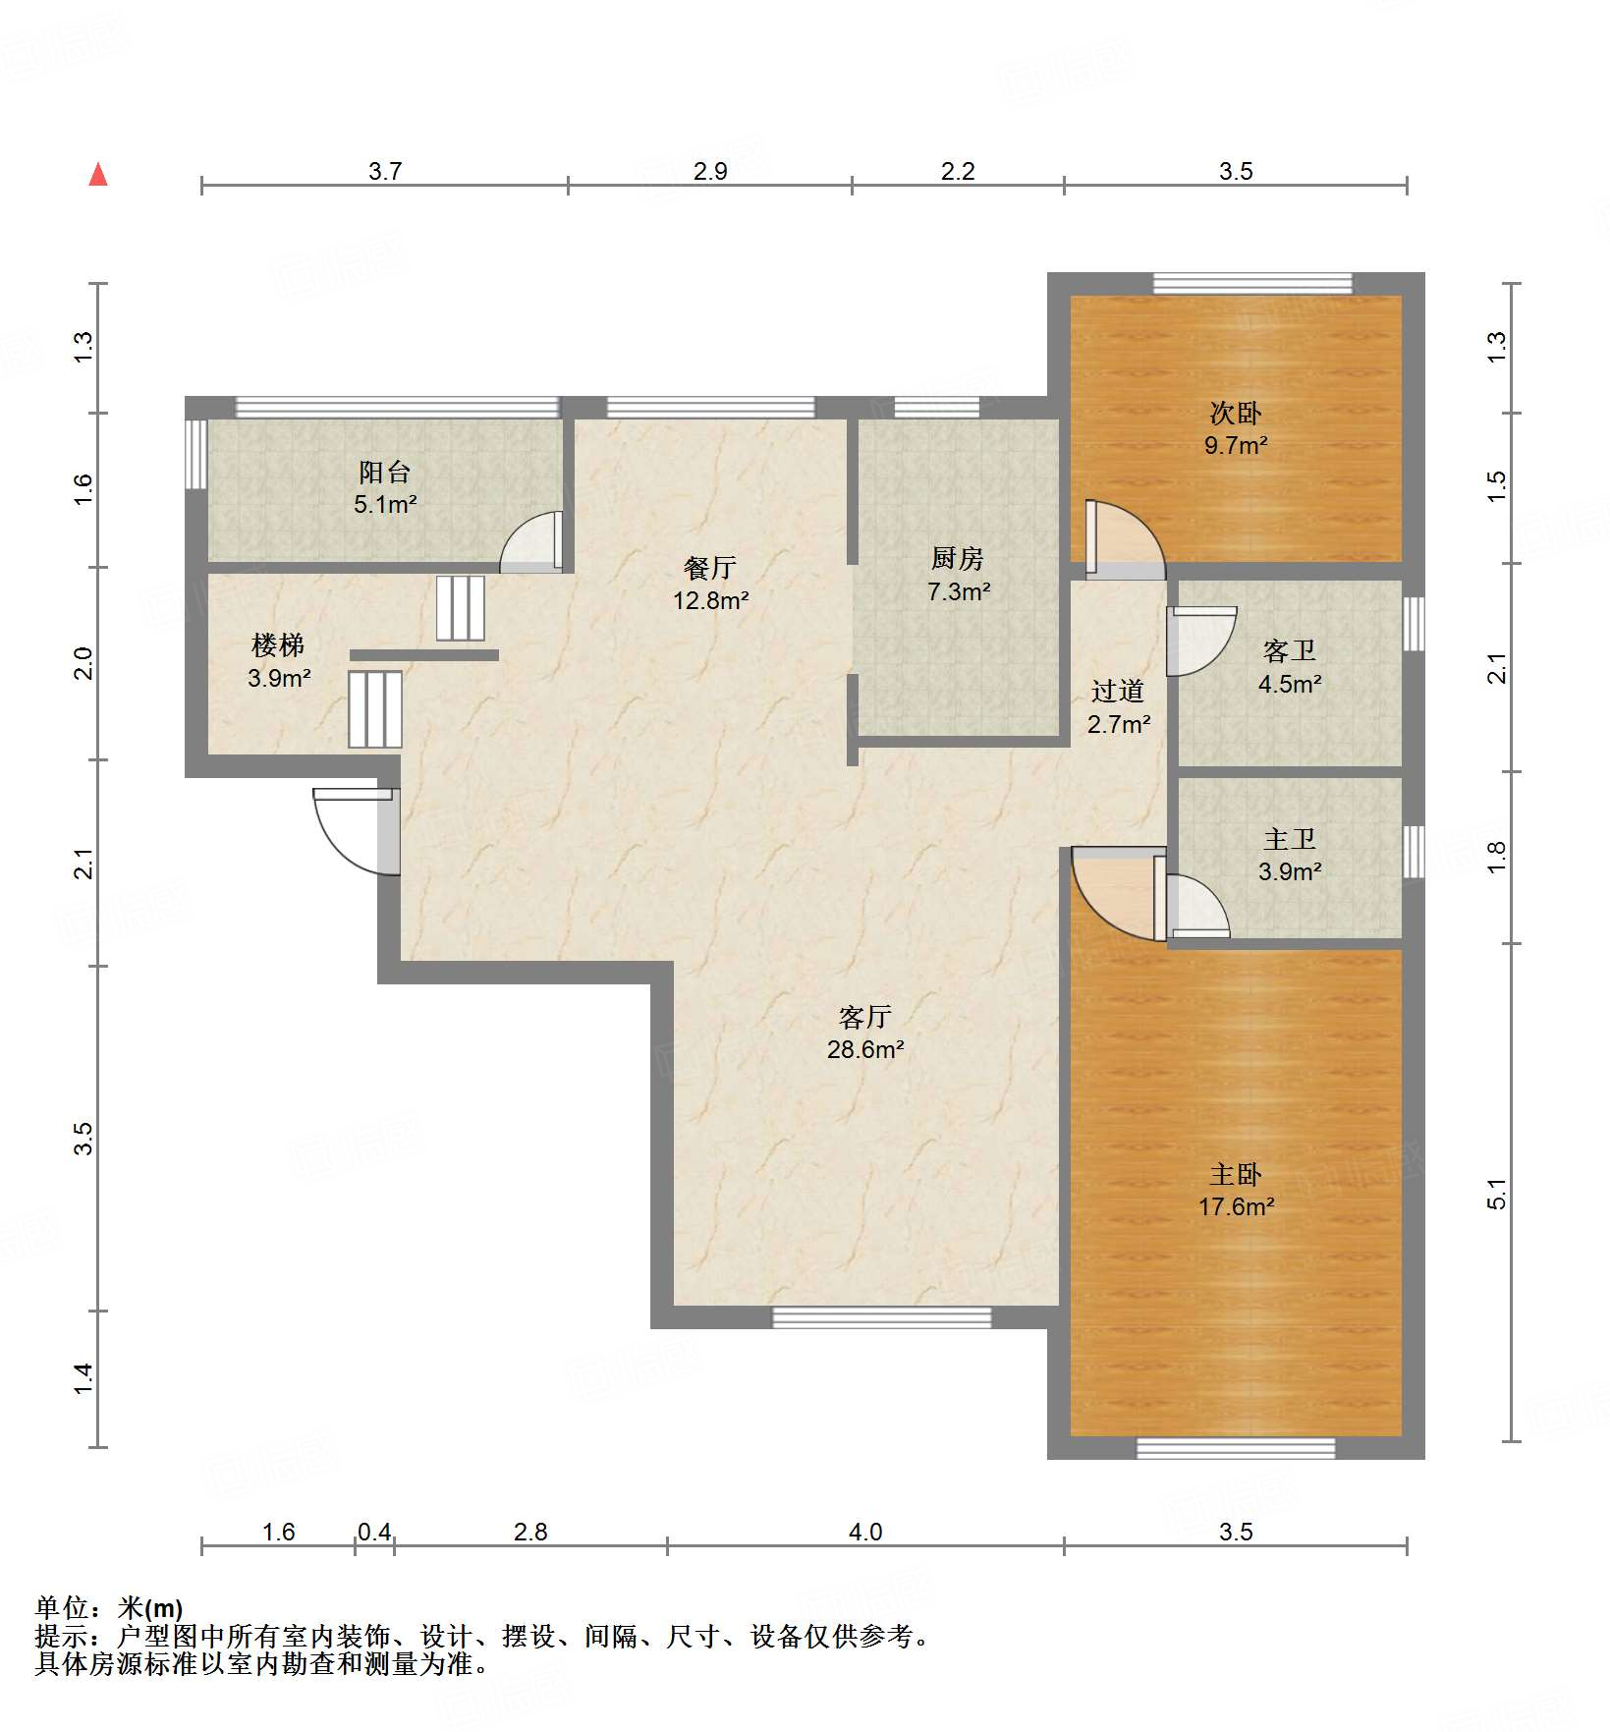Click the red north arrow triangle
tap(98, 175)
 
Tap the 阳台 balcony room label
tap(384, 473)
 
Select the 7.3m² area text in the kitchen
tap(958, 591)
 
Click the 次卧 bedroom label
tap(1235, 413)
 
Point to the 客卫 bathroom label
tap(1289, 651)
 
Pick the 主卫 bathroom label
tap(1289, 839)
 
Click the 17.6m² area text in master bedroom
tap(1236, 1206)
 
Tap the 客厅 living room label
tap(864, 1017)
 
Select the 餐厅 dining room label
tap(709, 568)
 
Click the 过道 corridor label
tap(1118, 692)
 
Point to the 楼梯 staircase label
tap(278, 645)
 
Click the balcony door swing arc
tap(530, 542)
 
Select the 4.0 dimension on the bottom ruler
tap(865, 1532)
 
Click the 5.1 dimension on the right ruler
tap(1495, 1193)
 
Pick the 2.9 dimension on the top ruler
tap(709, 171)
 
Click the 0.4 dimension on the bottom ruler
tap(374, 1532)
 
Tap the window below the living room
tap(881, 1317)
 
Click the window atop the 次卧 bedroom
tap(1251, 284)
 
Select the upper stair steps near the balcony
tap(461, 608)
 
